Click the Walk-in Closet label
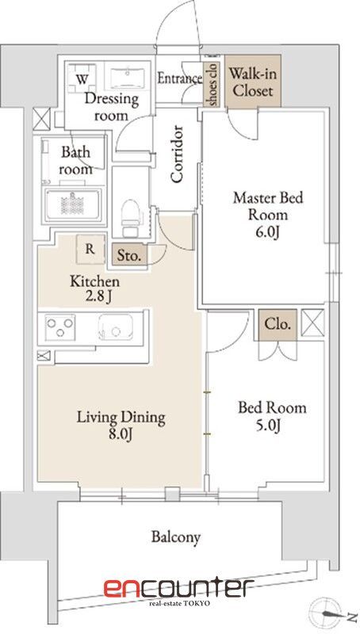(251, 82)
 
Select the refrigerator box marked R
(90, 249)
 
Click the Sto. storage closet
(129, 255)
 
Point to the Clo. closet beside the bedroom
(278, 324)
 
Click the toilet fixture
(130, 217)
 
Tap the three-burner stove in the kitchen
(59, 326)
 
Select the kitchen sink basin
(115, 327)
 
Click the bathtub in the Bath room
(73, 204)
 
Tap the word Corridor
(177, 154)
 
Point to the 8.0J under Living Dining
(121, 434)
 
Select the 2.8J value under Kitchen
(95, 297)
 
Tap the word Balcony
(176, 537)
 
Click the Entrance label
(179, 78)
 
